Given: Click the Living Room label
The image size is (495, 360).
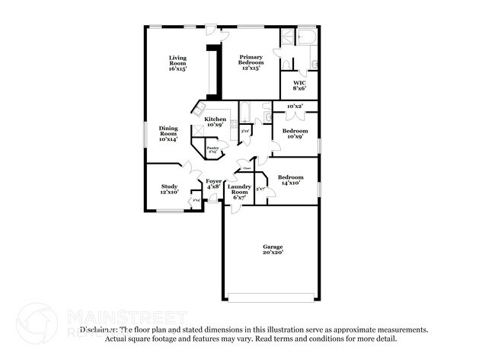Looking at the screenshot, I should pyautogui.click(x=177, y=63).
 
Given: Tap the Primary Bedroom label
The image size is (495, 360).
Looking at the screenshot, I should pyautogui.click(x=251, y=63).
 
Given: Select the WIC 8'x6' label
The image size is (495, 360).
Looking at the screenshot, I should pyautogui.click(x=299, y=85).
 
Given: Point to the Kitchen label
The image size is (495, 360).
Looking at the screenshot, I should pyautogui.click(x=215, y=122).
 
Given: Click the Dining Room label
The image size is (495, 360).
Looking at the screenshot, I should pyautogui.click(x=168, y=134).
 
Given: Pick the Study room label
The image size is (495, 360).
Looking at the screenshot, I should pyautogui.click(x=169, y=189).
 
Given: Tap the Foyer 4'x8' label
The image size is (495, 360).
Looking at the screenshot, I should pyautogui.click(x=214, y=183).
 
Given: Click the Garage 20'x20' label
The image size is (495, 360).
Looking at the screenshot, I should pyautogui.click(x=273, y=250).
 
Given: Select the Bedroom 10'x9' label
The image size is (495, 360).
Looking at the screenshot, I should pyautogui.click(x=295, y=134).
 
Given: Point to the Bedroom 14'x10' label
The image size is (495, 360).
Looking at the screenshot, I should pyautogui.click(x=289, y=180).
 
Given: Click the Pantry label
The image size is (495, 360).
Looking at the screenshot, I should pyautogui.click(x=212, y=150).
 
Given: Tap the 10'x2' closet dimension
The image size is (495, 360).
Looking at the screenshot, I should pyautogui.click(x=295, y=107).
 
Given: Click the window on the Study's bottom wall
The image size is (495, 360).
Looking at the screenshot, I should pyautogui.click(x=169, y=211).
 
